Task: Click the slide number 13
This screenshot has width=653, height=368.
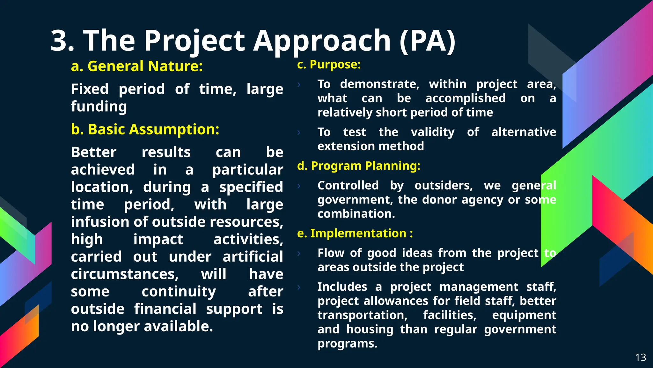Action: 641,357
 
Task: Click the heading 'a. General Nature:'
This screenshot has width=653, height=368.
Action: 137,66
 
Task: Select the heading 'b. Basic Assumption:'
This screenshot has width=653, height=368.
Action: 145,130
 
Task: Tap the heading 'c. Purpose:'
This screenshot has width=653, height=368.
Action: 329,65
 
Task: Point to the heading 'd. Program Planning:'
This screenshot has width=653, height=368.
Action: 358,166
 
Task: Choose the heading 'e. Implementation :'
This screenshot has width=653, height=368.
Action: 355,234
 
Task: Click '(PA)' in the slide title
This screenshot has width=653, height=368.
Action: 427,41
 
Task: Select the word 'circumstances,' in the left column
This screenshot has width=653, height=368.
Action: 125,274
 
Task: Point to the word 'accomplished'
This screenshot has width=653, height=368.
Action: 465,98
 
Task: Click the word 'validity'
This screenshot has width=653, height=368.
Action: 433,132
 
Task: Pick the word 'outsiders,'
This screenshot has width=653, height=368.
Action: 444,186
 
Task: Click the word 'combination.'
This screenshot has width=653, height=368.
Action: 356,214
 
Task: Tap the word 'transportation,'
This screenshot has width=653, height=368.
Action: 363,315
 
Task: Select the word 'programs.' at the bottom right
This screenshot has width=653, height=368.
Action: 347,344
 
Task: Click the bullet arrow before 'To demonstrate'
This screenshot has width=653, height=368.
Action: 299,85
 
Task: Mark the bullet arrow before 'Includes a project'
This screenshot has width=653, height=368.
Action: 299,287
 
